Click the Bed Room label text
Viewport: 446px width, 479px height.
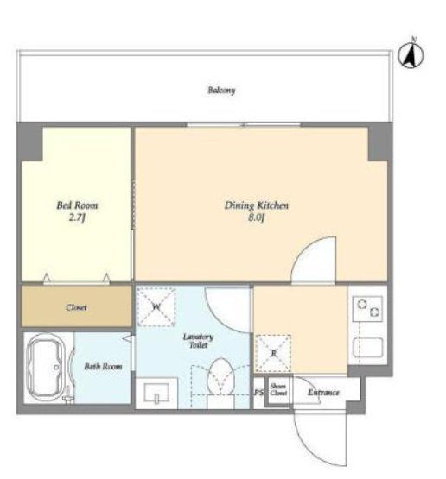point(77,205)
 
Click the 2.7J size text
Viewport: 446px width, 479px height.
point(77,218)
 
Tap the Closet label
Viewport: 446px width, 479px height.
point(76,306)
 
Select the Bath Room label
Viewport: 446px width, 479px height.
point(103,367)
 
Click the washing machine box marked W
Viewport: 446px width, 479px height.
point(157,306)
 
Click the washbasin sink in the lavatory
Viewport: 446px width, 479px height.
point(157,393)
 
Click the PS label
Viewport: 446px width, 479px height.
point(259,394)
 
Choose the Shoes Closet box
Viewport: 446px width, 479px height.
point(278,391)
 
